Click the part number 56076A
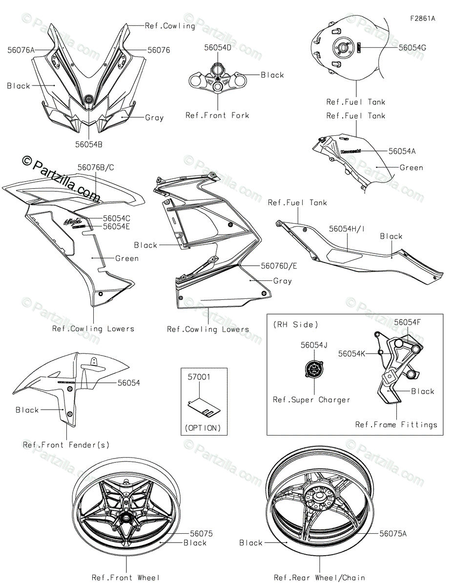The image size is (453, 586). [x=21, y=50]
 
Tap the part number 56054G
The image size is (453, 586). [x=412, y=48]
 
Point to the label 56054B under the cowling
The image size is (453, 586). [x=89, y=144]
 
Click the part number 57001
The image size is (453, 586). [x=199, y=377]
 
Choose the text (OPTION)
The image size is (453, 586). [x=203, y=428]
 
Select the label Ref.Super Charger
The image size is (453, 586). [x=311, y=399]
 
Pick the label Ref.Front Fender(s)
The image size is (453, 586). [x=66, y=444]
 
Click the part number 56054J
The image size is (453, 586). [x=314, y=345]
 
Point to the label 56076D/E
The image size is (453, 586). [x=279, y=266]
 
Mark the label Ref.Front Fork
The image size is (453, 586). [x=217, y=116]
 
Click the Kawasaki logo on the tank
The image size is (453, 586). [x=351, y=151]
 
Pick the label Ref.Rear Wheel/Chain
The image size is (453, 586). [x=319, y=578]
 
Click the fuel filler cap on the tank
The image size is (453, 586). [x=342, y=48]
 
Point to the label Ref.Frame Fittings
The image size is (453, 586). [x=396, y=424]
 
